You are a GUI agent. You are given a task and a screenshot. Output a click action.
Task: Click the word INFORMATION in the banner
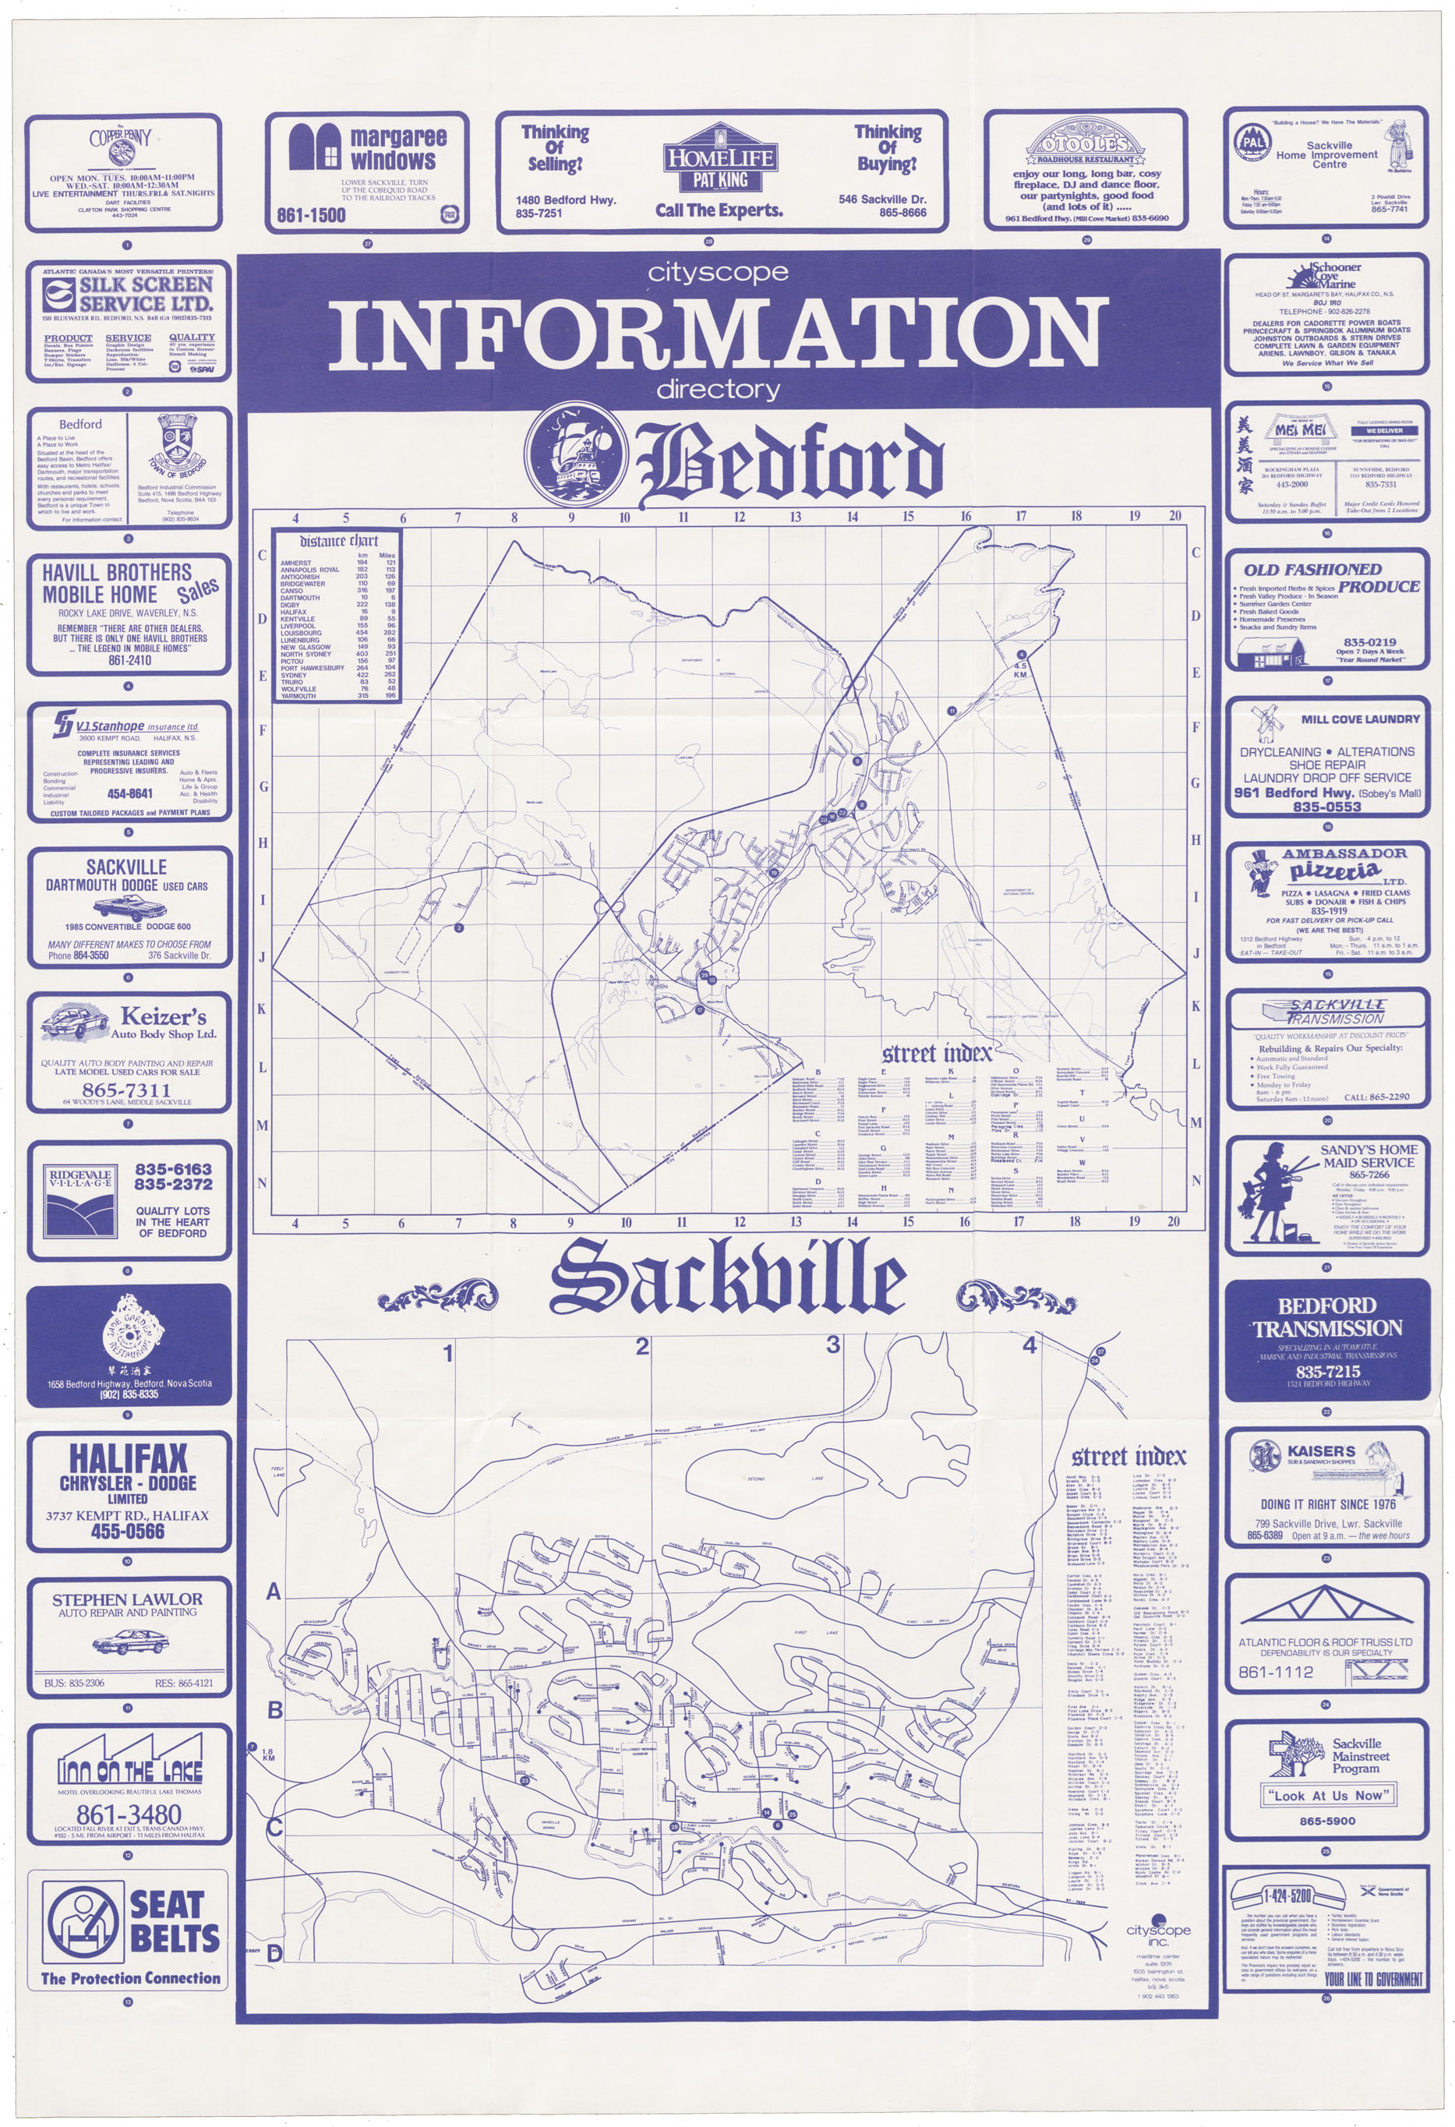tap(718, 331)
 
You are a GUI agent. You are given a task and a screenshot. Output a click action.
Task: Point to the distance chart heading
tap(337, 540)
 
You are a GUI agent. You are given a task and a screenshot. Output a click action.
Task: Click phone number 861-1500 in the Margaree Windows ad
tap(311, 215)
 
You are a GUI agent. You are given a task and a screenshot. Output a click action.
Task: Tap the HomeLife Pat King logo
tap(719, 167)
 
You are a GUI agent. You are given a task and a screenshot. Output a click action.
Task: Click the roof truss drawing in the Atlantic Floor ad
tap(1319, 1606)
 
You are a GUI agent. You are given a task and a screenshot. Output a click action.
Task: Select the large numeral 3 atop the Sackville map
tap(833, 1344)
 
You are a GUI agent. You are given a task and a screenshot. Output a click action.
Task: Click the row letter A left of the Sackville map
tap(273, 1592)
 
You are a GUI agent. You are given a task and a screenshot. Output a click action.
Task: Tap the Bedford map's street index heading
tap(936, 1054)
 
